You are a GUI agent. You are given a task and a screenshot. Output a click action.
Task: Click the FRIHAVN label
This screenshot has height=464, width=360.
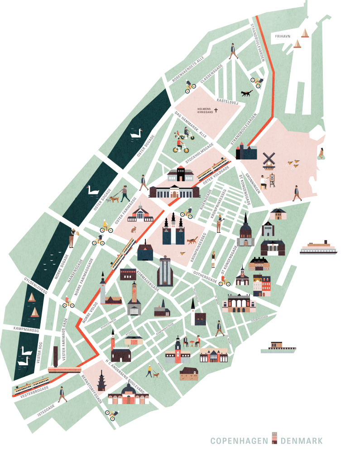click(282, 35)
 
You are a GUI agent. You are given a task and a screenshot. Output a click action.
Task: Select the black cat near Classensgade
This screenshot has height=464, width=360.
click(247, 93)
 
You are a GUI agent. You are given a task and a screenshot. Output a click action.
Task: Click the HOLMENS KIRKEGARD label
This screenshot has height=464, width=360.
click(205, 110)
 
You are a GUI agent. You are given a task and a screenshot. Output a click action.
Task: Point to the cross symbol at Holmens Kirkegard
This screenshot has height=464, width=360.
click(216, 110)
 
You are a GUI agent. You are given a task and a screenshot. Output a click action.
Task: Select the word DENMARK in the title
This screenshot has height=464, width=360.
click(302, 441)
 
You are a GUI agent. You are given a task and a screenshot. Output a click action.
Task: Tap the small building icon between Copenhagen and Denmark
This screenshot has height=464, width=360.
click(274, 439)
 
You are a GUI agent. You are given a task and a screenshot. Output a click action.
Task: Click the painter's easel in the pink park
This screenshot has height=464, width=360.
click(272, 179)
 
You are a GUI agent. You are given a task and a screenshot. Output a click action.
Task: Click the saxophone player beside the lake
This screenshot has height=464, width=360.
click(72, 237)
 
